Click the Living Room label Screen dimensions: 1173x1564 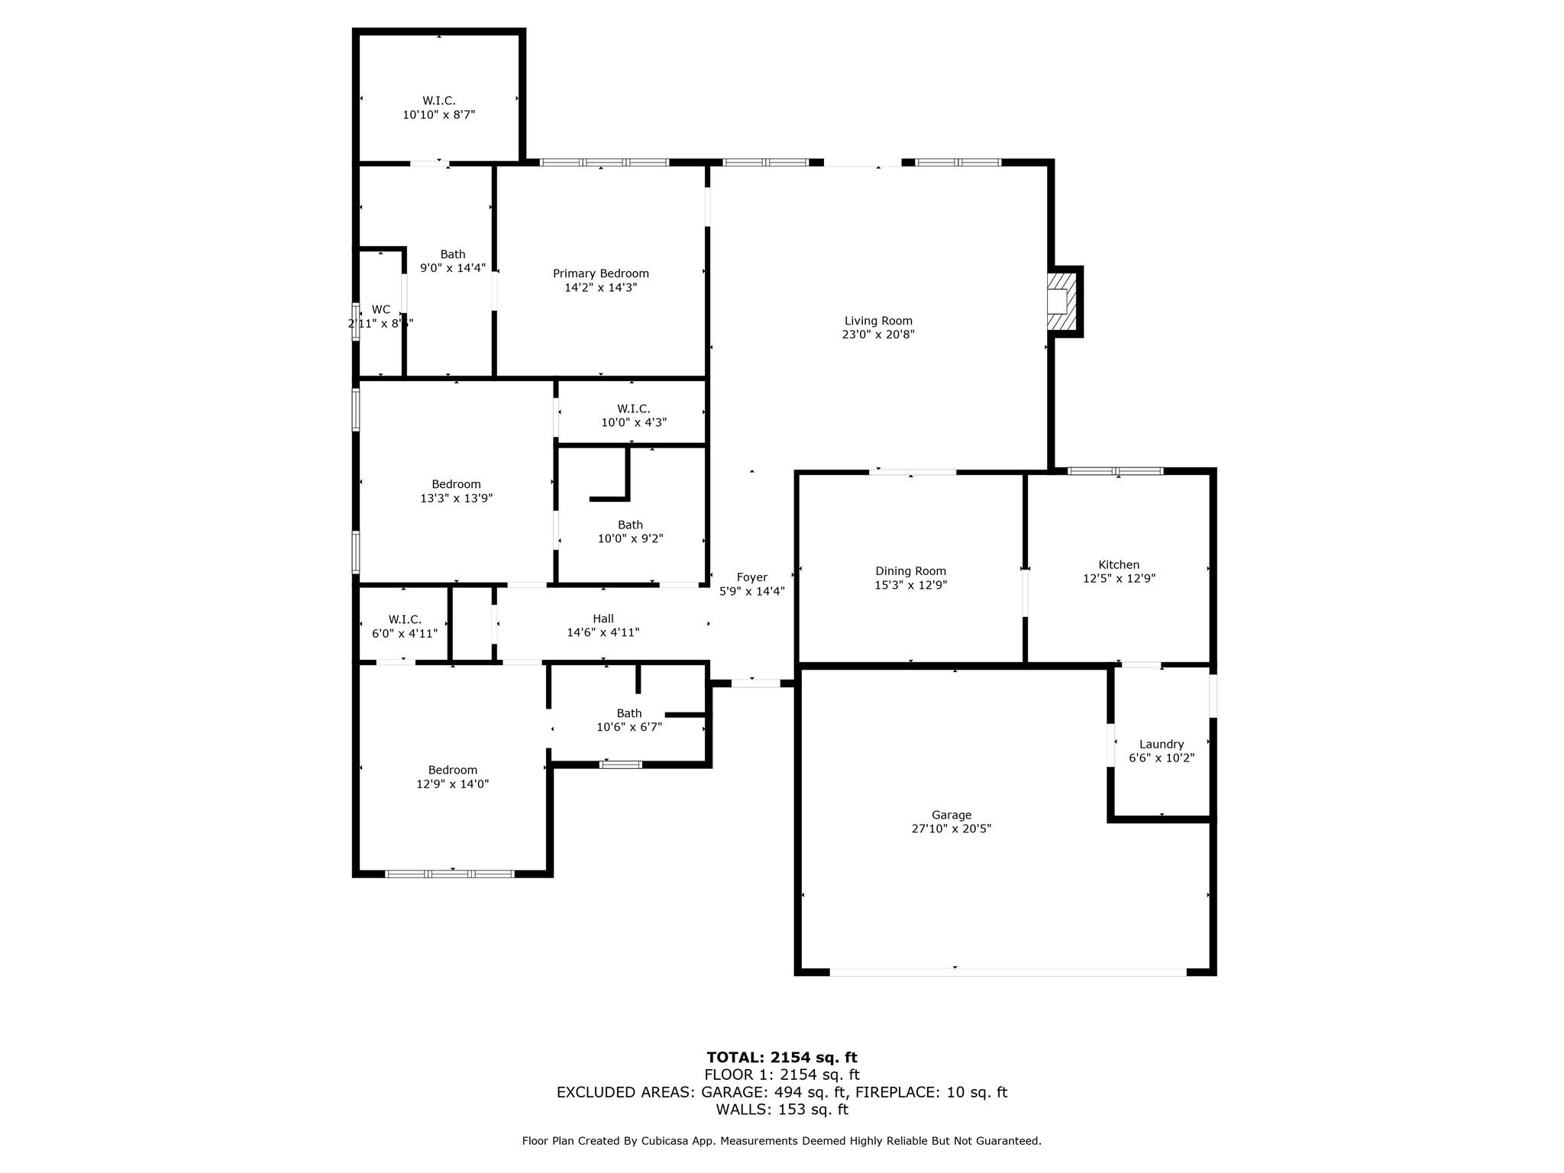[x=878, y=321]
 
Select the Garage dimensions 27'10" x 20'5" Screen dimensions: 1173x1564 [x=951, y=829]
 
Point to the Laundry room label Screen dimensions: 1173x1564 [x=1161, y=744]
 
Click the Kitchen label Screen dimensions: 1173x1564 [x=1119, y=565]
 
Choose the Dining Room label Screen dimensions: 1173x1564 [x=910, y=571]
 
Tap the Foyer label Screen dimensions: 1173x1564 [x=751, y=577]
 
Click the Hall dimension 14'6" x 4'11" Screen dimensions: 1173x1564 [x=603, y=632]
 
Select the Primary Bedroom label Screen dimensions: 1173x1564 [x=600, y=273]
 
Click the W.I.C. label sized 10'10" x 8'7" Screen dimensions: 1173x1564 [x=439, y=101]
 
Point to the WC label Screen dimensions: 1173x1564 [x=381, y=309]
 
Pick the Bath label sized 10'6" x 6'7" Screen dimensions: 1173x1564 [x=629, y=713]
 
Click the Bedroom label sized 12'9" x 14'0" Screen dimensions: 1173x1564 [x=452, y=770]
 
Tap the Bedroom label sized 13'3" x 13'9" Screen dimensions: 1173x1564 [x=456, y=484]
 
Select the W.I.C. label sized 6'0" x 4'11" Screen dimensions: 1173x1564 [x=405, y=619]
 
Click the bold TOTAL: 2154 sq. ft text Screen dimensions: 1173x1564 [x=781, y=1058]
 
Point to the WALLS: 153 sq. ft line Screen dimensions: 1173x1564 [x=781, y=1110]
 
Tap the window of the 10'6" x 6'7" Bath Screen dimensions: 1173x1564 [x=620, y=764]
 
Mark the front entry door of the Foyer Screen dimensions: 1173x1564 [x=755, y=683]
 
